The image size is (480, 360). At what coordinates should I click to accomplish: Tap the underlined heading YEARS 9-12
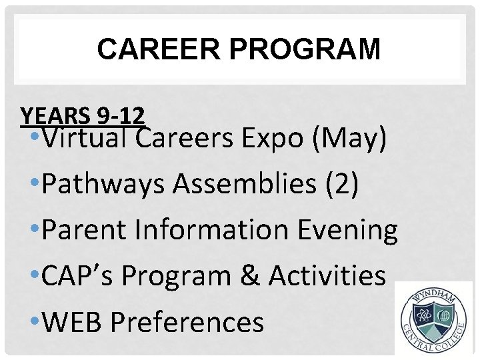tap(83, 116)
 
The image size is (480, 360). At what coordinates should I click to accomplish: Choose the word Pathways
tap(103, 185)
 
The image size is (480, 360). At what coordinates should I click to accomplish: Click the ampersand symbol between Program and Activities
tap(248, 276)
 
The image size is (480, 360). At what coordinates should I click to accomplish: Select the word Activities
tap(327, 276)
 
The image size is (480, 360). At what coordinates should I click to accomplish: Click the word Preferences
tap(187, 322)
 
